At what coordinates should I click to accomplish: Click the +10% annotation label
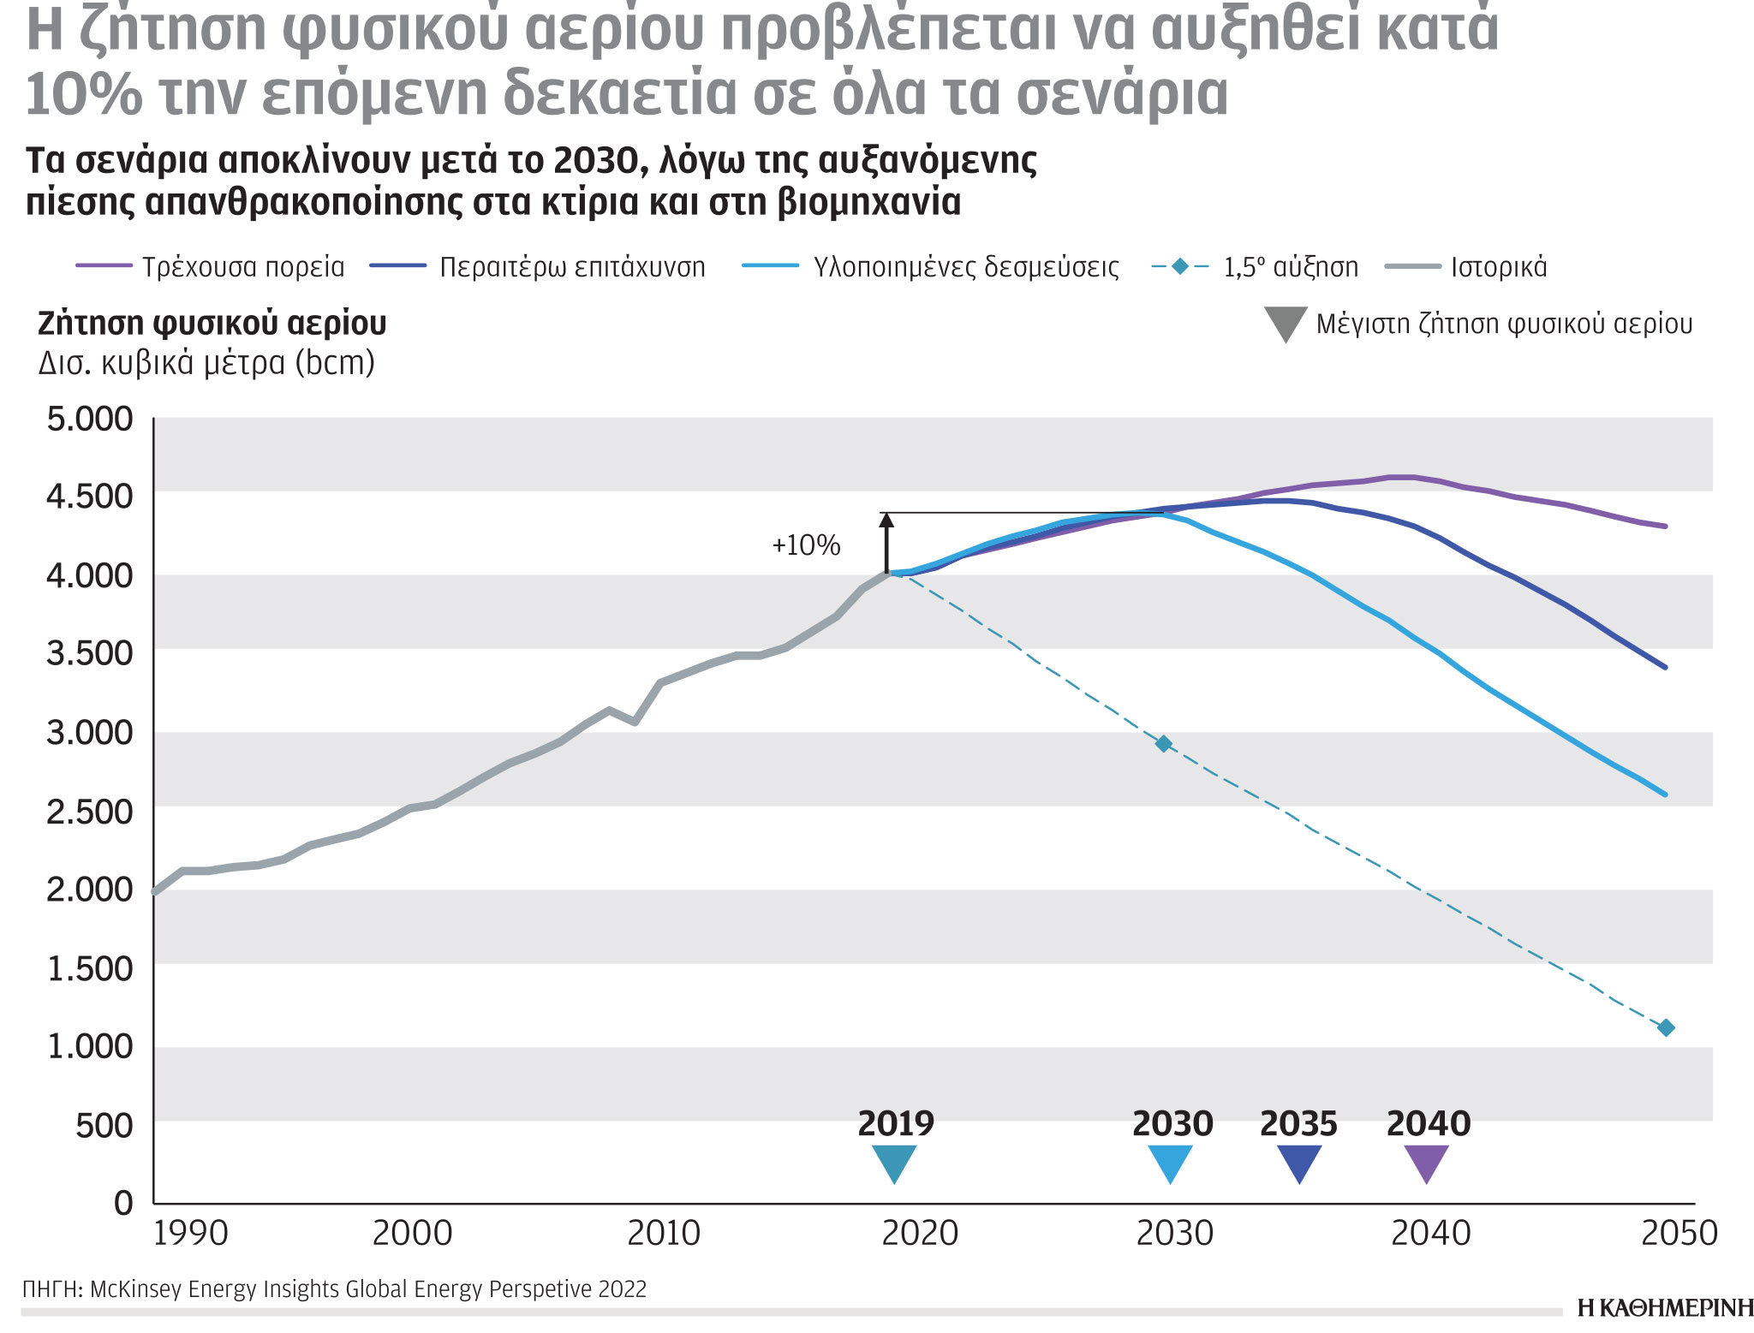(806, 545)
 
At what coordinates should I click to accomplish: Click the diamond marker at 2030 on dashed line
(1163, 743)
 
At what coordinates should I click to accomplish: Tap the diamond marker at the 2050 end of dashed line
(1666, 1027)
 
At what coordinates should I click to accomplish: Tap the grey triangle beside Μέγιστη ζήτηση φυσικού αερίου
(1286, 324)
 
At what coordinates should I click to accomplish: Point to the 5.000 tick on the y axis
(90, 420)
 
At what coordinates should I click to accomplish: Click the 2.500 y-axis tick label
(90, 812)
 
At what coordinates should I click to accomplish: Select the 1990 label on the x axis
(190, 1234)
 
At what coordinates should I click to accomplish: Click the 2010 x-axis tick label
(664, 1234)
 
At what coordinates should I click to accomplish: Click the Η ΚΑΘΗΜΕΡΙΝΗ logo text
(1665, 1308)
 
